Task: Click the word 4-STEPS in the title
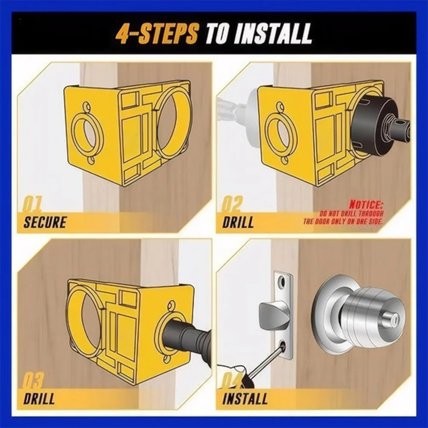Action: coord(156,34)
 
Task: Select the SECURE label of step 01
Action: coord(45,222)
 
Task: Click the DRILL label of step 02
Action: coord(238,222)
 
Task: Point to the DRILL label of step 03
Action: coord(39,398)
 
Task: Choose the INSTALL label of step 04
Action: coord(245,398)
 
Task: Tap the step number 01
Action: coord(32,204)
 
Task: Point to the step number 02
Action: coord(231,204)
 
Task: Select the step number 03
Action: coord(33,381)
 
